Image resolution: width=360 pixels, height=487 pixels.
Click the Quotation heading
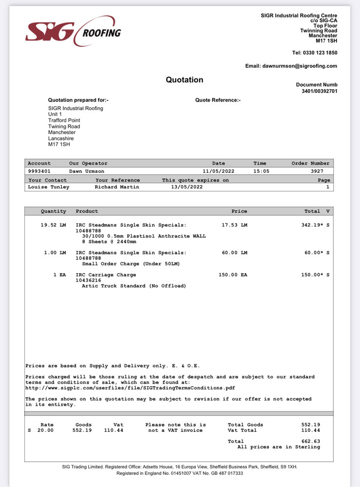(184, 80)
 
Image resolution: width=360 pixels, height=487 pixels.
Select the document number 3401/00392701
(316, 91)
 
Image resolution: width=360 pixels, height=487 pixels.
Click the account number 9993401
(39, 171)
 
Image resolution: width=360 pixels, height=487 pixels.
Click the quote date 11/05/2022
(219, 171)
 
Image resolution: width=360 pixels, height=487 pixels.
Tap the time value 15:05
(261, 171)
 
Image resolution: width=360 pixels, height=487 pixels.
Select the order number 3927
(321, 171)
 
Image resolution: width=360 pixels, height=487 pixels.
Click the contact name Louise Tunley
(49, 187)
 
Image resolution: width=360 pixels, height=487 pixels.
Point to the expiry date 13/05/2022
(187, 187)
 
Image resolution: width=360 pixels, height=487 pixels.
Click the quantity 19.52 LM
(53, 225)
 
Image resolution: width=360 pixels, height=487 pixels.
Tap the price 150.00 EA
(233, 275)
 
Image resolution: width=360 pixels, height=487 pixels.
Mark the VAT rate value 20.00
(45, 431)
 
